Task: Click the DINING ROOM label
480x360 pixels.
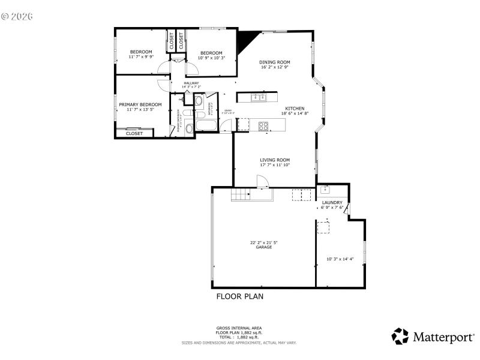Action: (275, 62)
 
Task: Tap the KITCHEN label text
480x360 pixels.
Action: (295, 109)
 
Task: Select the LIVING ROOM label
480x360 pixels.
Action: (275, 160)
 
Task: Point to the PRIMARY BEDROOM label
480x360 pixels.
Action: (140, 104)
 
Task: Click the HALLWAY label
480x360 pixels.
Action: (191, 83)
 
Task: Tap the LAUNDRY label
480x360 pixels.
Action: (332, 203)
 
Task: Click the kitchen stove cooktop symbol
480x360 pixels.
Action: (263, 125)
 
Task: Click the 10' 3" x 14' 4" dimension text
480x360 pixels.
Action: (340, 259)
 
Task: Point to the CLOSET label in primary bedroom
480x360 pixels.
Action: (134, 134)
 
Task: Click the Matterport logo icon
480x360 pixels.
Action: (400, 336)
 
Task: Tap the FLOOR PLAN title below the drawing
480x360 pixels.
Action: (239, 296)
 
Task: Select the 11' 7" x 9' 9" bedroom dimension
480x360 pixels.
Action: (141, 57)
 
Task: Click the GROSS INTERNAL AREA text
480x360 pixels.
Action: (239, 328)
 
